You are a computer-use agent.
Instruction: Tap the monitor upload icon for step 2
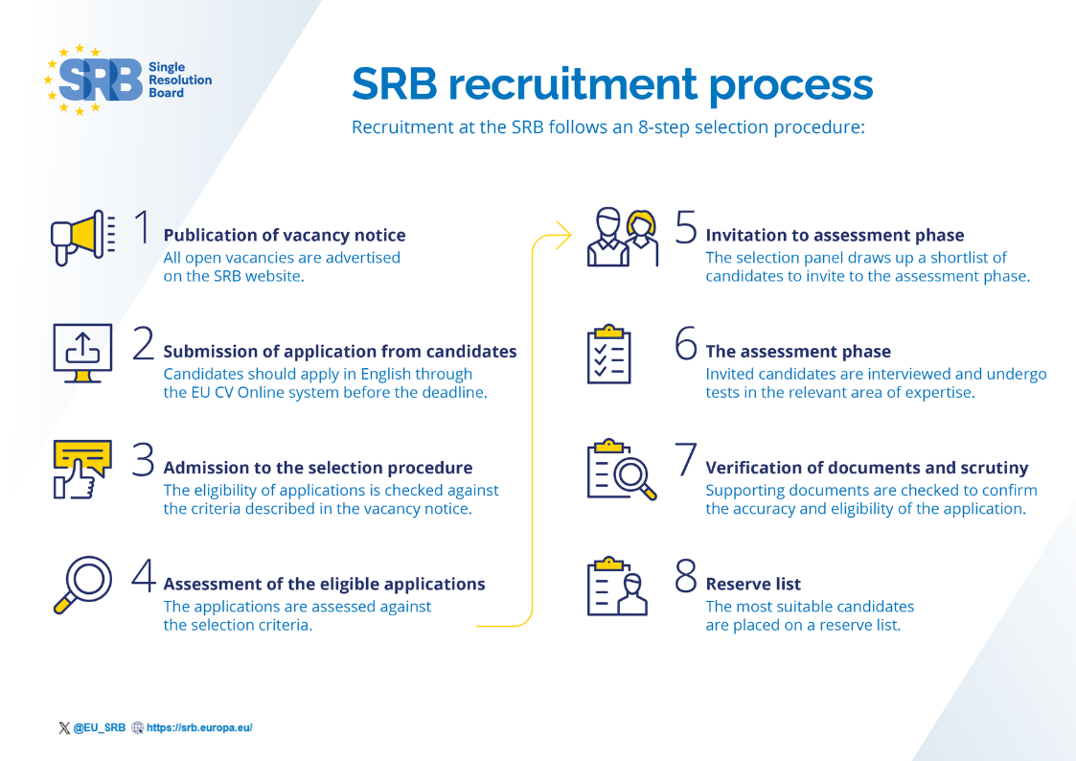click(x=81, y=353)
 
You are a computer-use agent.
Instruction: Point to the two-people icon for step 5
click(x=623, y=238)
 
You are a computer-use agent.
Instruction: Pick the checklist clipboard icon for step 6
click(x=608, y=354)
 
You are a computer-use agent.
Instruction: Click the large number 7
click(x=686, y=459)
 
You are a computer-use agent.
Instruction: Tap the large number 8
click(x=686, y=575)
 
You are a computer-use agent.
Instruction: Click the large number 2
click(x=144, y=344)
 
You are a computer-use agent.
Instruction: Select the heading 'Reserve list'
click(x=753, y=584)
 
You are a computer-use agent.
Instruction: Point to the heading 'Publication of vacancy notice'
click(x=285, y=235)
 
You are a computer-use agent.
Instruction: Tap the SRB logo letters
click(x=100, y=80)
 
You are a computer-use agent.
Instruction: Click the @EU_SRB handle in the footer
click(x=99, y=727)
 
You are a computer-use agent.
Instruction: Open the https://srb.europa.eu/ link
click(x=198, y=727)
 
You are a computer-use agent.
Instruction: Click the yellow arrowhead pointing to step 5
click(x=564, y=234)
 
